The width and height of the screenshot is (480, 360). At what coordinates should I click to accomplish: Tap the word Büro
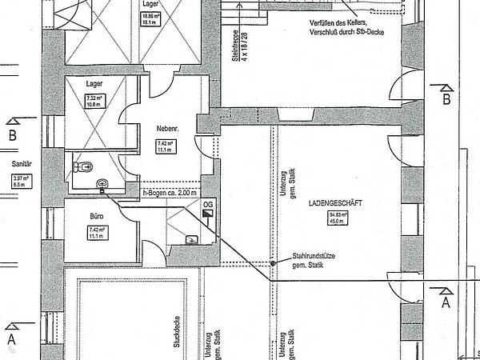pyautogui.click(x=96, y=217)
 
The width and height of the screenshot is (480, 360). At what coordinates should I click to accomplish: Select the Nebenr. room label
pyautogui.click(x=166, y=128)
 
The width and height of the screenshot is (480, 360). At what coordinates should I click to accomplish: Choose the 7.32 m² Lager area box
pyautogui.click(x=95, y=101)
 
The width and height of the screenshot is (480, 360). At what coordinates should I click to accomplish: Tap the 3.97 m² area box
pyautogui.click(x=21, y=181)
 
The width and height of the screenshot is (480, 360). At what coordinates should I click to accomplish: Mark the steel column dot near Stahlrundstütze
pyautogui.click(x=273, y=262)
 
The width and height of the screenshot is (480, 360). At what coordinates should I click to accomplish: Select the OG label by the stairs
pyautogui.click(x=208, y=205)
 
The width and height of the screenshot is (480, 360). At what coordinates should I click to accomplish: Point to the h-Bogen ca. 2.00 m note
pyautogui.click(x=169, y=193)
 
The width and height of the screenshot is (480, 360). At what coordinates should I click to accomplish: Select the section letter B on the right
pyautogui.click(x=446, y=99)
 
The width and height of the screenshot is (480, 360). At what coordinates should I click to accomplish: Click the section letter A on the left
pyautogui.click(x=11, y=339)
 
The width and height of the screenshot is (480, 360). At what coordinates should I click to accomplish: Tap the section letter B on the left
pyautogui.click(x=12, y=135)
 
